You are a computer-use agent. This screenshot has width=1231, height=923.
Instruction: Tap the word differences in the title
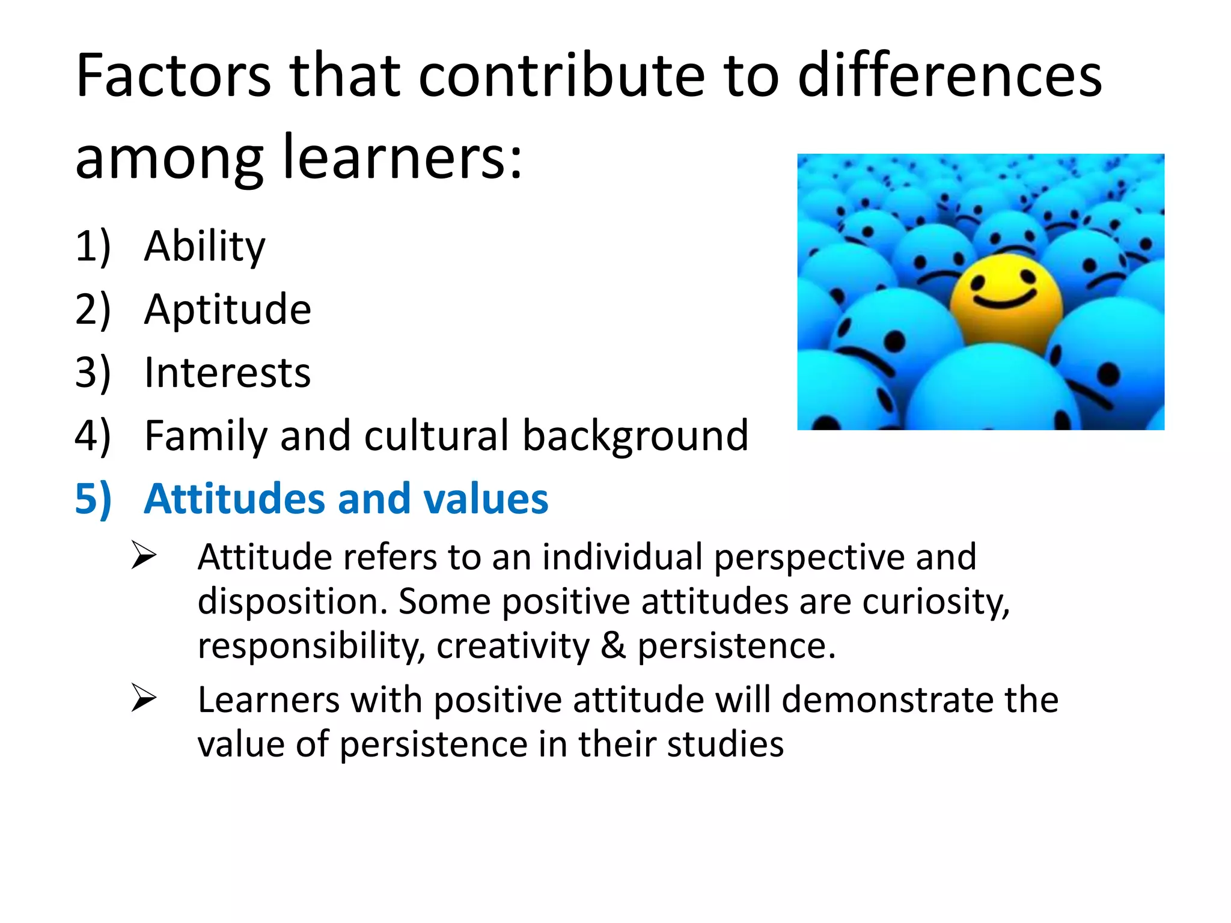[949, 76]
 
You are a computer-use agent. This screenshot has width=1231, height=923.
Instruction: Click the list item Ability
[204, 246]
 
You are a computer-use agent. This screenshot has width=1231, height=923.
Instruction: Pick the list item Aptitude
[227, 309]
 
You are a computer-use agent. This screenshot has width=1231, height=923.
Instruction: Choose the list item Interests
[227, 373]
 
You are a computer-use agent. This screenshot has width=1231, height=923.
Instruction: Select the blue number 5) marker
[93, 499]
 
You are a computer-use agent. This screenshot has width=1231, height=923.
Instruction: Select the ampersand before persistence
[613, 646]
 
